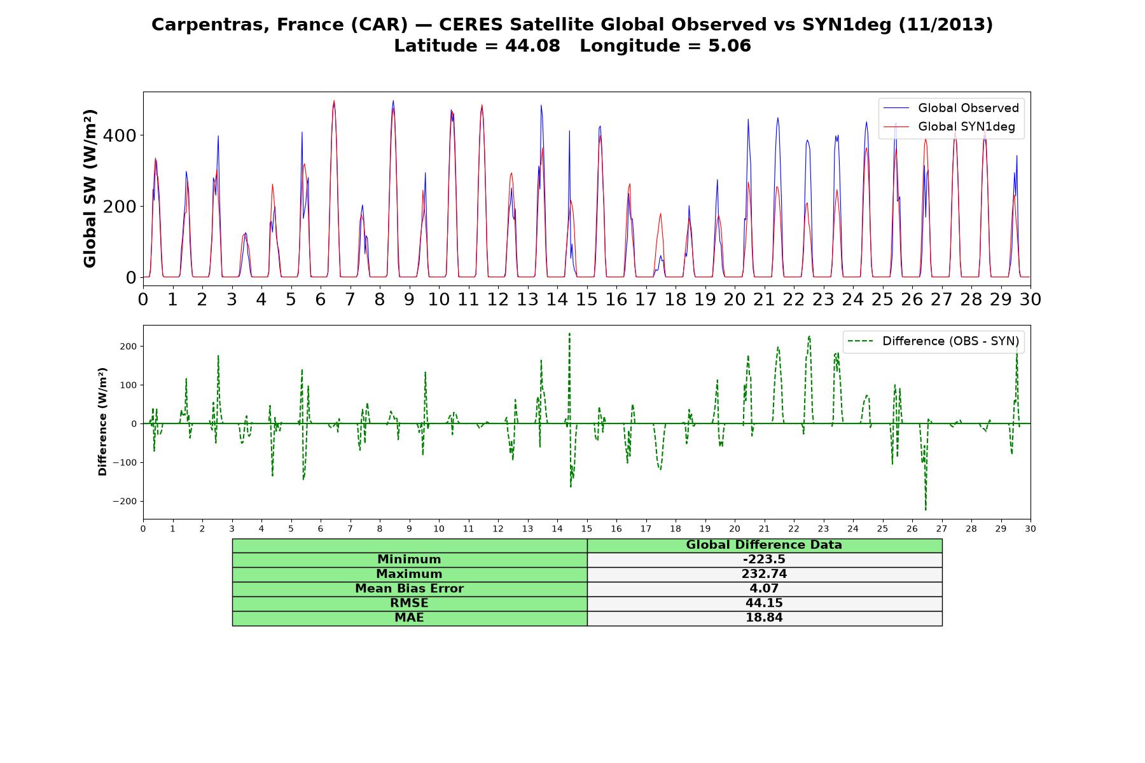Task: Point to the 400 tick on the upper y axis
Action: click(x=124, y=135)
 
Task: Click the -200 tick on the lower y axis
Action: click(x=126, y=501)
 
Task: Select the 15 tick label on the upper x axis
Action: click(x=586, y=299)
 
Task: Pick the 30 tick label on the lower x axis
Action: click(x=1030, y=528)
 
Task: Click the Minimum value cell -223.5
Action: click(x=764, y=560)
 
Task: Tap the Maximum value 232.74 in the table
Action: click(x=764, y=574)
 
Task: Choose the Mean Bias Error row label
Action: click(x=409, y=589)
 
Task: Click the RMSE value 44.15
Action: click(x=764, y=603)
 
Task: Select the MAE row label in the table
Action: click(x=409, y=618)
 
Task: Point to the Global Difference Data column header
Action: click(x=764, y=545)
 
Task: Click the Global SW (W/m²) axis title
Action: click(x=90, y=189)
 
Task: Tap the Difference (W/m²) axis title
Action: click(x=102, y=422)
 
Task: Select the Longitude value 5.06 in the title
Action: click(x=730, y=46)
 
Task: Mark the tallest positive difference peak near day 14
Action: click(x=569, y=333)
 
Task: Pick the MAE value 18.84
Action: click(x=764, y=618)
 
